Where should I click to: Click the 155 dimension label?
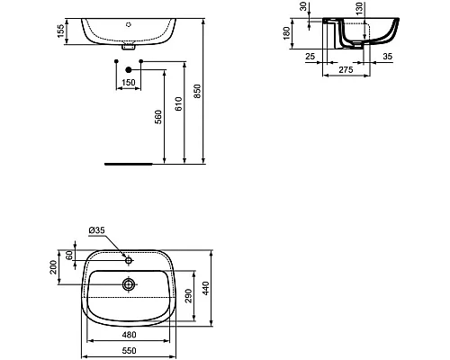pos(60,31)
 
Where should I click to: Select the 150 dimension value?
pos(130,82)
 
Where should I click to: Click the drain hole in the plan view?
pos(130,284)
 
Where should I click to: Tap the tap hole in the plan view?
pos(130,260)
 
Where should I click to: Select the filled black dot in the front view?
pos(130,69)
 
